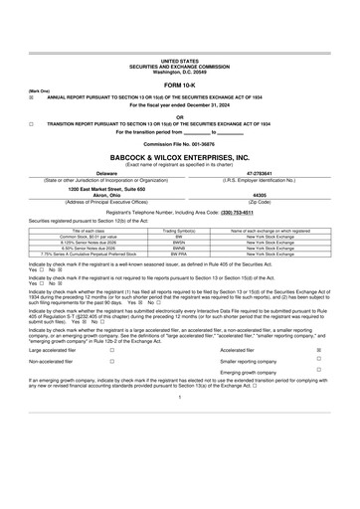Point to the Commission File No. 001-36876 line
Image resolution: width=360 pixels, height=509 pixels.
(179, 144)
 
